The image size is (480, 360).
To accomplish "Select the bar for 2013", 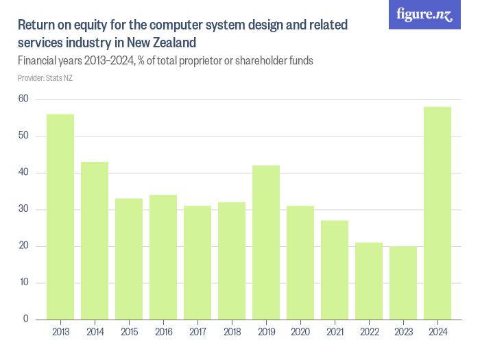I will coord(60,217).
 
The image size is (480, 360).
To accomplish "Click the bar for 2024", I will coord(437,213).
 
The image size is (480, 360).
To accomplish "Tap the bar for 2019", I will coord(266,243).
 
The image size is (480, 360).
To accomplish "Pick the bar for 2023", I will coord(403,283).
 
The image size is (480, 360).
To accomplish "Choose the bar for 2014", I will coord(95,241).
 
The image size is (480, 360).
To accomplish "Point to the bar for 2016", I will coord(163,257).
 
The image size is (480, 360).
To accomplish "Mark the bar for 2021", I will coord(335,270).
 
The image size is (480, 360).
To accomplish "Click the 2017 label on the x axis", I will coord(197,333).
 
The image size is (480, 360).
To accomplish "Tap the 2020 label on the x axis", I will coord(300,333).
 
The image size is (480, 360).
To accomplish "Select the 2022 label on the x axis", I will coord(369,333).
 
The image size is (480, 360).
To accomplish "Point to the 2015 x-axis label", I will coord(129,333).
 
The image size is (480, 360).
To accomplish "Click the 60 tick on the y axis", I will coord(23,99).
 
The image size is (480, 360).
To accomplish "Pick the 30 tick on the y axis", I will coord(23,210).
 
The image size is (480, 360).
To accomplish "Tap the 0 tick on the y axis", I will coord(26,320).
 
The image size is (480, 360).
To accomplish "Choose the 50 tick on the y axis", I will coord(23,136).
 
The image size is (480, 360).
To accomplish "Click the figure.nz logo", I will coord(424,14).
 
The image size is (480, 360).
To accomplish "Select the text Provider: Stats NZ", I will coord(45,78).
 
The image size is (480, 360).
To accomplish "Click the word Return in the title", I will coord(36,26).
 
